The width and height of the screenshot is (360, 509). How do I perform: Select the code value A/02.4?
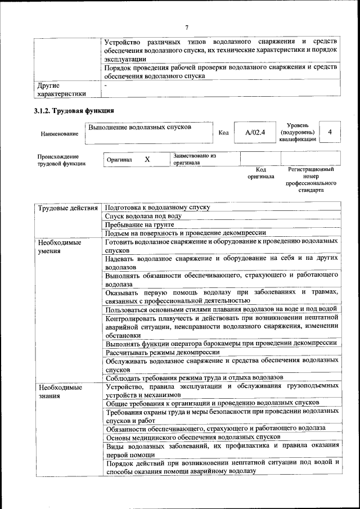pos(255,133)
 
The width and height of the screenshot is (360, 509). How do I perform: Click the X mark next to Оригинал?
pos(147,159)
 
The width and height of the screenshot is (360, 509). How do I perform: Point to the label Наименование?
pos(59,134)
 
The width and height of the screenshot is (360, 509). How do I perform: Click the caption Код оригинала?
pos(260,173)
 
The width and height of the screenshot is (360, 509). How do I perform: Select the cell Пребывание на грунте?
pos(139,225)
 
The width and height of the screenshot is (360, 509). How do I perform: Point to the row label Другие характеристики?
pos(62,90)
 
